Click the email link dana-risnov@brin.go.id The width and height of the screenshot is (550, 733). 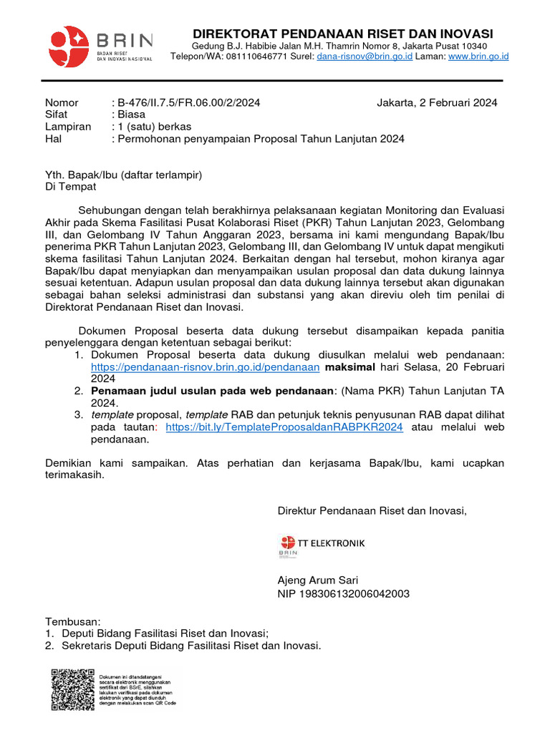click(x=365, y=56)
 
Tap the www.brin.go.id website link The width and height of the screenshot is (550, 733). click(x=478, y=56)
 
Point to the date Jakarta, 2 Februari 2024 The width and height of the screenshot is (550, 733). click(x=437, y=102)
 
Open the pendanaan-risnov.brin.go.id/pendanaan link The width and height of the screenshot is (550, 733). click(x=205, y=367)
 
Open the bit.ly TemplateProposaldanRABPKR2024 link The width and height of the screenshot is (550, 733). click(x=284, y=427)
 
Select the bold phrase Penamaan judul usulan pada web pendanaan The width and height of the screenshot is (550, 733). click(x=213, y=391)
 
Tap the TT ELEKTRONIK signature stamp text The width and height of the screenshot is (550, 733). click(x=332, y=543)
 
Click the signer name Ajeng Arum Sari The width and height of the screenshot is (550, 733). click(x=318, y=580)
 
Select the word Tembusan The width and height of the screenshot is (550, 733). click(x=73, y=621)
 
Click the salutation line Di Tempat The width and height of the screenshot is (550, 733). click(x=70, y=187)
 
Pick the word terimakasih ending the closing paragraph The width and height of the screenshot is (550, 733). click(x=74, y=475)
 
